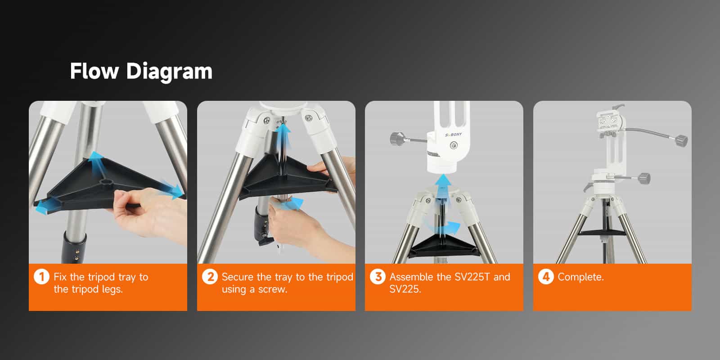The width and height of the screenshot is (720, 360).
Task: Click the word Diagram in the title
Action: tap(169, 71)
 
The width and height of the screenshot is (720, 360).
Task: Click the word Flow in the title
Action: tap(94, 71)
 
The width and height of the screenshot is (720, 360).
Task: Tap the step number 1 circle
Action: tap(41, 276)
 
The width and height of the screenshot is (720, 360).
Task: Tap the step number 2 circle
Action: tap(209, 276)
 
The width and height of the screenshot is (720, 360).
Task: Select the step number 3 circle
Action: tap(378, 276)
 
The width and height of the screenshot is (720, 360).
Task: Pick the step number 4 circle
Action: tap(545, 276)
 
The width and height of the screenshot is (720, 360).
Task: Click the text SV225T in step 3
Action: tap(472, 277)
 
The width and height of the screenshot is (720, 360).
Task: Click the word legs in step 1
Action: tap(112, 289)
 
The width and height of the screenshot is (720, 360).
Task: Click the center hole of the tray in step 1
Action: tap(107, 181)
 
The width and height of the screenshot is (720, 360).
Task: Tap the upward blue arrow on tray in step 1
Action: tap(96, 162)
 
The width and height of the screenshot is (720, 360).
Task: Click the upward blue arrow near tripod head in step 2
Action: tap(283, 135)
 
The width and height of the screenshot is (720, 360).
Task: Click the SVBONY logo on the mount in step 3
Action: tap(453, 135)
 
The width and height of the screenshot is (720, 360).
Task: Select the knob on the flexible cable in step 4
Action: tap(681, 141)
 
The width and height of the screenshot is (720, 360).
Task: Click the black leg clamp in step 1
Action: tap(74, 248)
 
